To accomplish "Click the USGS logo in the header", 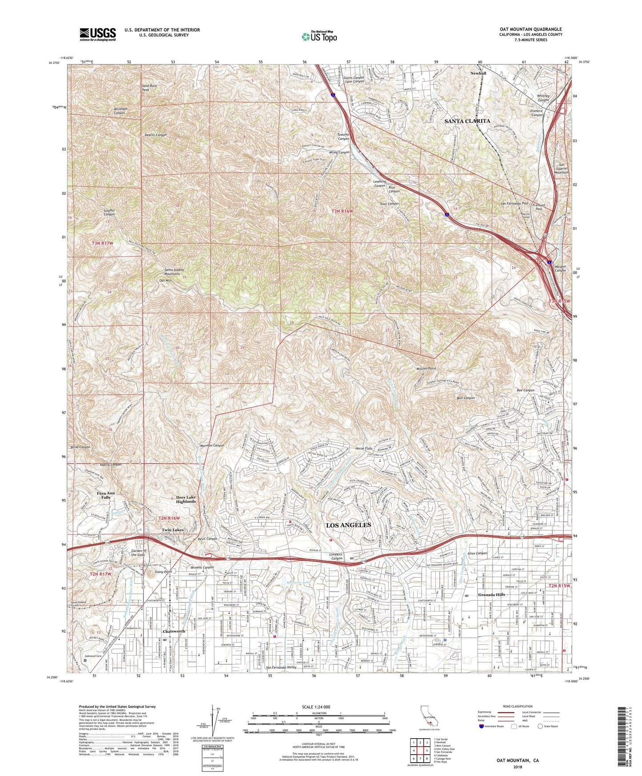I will [98, 34].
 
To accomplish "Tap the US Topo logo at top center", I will [319, 36].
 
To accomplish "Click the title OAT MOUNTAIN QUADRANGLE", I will [530, 29].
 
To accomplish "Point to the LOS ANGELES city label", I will [348, 525].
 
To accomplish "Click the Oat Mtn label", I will [165, 281].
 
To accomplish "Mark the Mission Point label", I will [426, 368].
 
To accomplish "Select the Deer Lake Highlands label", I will [185, 499].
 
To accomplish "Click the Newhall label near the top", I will [479, 73].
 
